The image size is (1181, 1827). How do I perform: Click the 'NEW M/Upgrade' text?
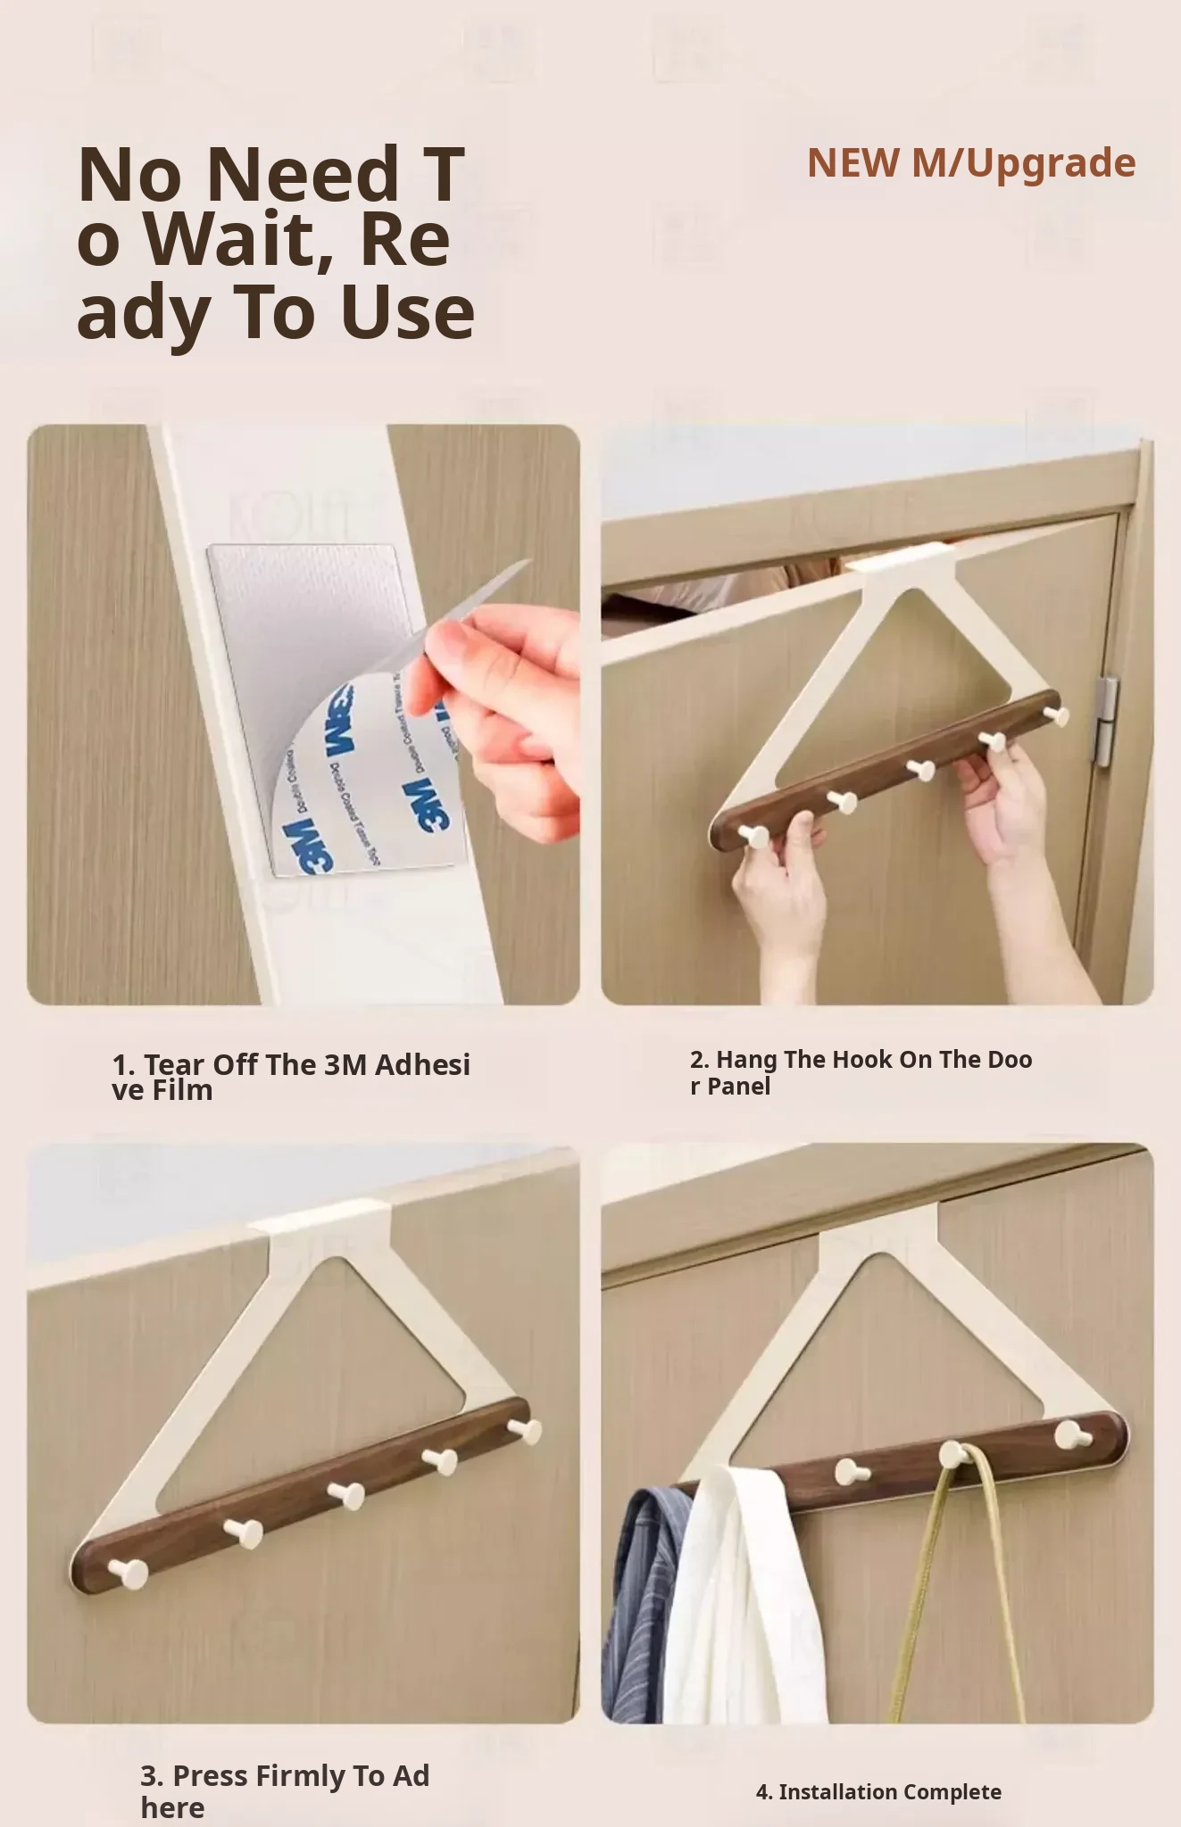[971, 162]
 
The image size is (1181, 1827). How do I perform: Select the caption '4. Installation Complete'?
[878, 1791]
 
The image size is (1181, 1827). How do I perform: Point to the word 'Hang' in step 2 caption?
[745, 1061]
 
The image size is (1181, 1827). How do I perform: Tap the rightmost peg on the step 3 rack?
[525, 1429]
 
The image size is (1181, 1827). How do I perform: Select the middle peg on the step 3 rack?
[344, 1492]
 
